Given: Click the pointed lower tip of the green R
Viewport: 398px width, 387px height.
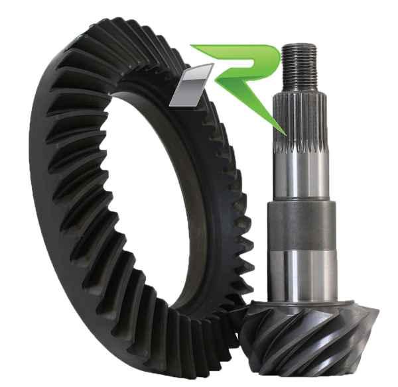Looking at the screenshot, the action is point(286,135).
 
